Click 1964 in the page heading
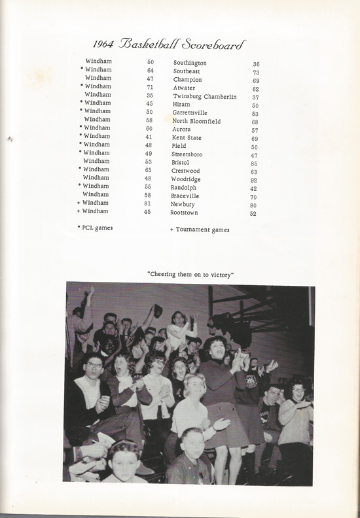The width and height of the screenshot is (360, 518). click(x=104, y=44)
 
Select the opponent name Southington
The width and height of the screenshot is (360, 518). click(x=190, y=62)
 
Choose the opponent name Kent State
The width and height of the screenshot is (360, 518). click(x=187, y=138)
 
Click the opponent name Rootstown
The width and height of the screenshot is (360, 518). click(x=184, y=213)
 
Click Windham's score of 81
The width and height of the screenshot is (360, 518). click(x=148, y=203)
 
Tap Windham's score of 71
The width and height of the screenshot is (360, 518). click(x=150, y=86)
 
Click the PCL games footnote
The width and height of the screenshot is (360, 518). click(x=97, y=227)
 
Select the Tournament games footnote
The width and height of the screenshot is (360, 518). click(x=200, y=230)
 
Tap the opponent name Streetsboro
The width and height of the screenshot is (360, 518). click(x=189, y=154)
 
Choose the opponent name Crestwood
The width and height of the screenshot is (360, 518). click(x=187, y=171)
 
